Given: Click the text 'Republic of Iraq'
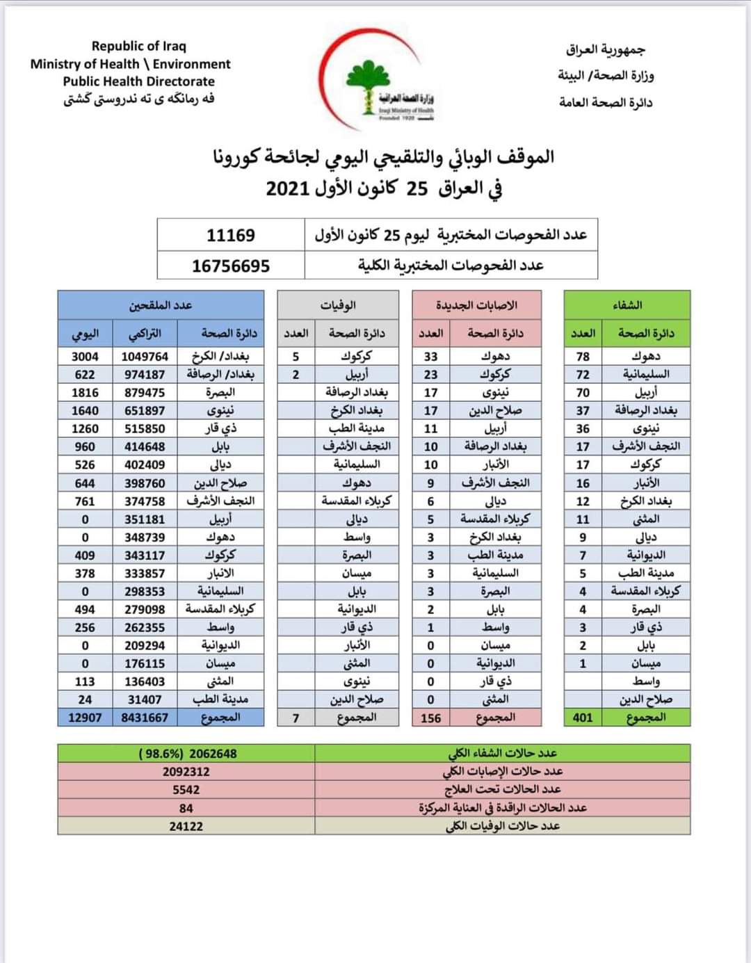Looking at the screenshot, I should pos(139,46).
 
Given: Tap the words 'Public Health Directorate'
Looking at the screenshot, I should pos(139,81).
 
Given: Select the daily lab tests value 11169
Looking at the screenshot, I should pos(231,235).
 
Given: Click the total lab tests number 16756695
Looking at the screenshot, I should pos(231,266).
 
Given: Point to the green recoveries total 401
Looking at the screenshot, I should pos(583,718).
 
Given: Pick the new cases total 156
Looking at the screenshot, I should pos(431,718).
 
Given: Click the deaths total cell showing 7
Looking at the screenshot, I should pos(296,718).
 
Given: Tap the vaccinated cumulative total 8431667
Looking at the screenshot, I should pos(145,718).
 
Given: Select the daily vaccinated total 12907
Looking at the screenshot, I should pos(85,718).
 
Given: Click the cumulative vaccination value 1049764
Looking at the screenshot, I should pos(145,357).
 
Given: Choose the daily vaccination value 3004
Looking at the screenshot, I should pos(85,357).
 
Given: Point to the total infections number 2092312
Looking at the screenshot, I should pos(186,772).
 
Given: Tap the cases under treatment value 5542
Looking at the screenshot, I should pos(186,790).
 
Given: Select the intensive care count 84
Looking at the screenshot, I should pos(186,808).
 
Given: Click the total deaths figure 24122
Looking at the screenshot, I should pos(186,826).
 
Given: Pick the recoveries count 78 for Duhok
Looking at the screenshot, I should pos(583,357).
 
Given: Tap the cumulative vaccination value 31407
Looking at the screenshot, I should pos(145,699).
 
